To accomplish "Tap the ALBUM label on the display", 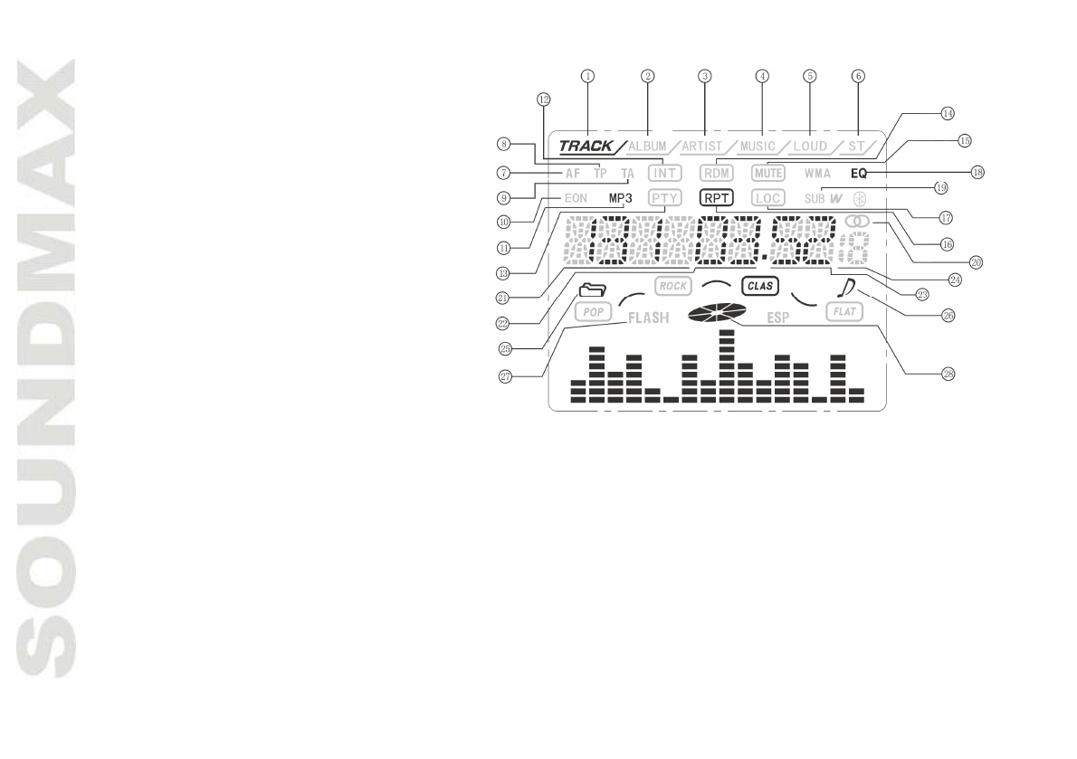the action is [647, 145].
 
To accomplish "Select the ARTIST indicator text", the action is [703, 145].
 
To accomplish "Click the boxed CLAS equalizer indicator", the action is [759, 286].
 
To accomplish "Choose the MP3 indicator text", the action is [621, 197].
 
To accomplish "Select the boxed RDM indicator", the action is [716, 171].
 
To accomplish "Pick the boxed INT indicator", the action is [664, 171].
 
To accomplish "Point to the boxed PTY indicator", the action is [664, 197].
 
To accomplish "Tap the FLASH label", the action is [648, 318].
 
